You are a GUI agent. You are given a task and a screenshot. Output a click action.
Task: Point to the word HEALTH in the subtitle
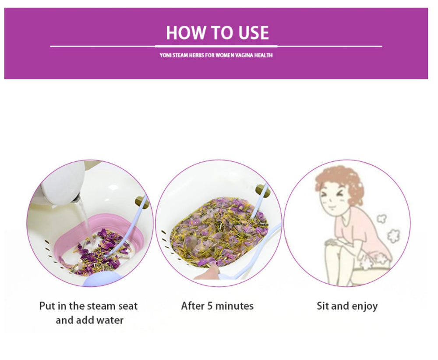(264, 56)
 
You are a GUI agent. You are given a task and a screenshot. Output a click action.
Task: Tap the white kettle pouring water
(61, 184)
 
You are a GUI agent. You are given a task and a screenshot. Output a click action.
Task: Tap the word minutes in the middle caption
(234, 306)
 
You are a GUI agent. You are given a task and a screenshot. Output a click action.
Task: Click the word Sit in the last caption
(323, 306)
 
